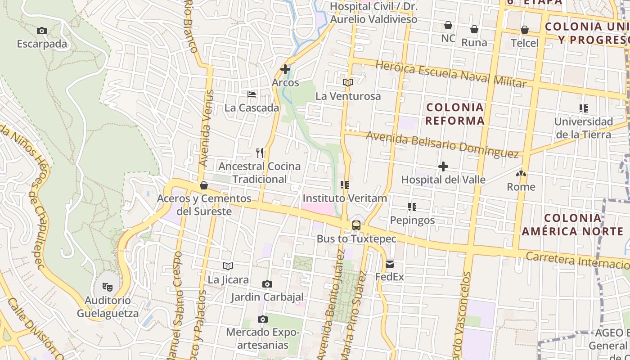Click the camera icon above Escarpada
coord(42,31)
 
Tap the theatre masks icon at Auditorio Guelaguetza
coord(107,286)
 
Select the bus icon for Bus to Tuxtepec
coord(356,225)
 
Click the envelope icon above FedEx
coord(390,264)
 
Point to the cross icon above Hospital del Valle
coord(443,167)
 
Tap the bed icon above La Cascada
coord(252,94)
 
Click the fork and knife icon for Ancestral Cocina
coord(260,153)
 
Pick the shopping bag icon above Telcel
coord(525,30)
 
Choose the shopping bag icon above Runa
coord(474,29)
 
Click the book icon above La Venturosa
coord(348,82)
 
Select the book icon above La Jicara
coord(228,266)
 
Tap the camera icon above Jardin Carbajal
coord(267,284)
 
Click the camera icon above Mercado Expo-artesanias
coord(263,319)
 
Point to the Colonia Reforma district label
coord(455,114)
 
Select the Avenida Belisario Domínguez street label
coord(442,144)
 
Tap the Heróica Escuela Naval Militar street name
coord(450,74)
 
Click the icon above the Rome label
coord(522,173)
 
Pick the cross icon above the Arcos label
coord(285,69)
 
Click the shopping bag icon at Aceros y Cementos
coord(204,185)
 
